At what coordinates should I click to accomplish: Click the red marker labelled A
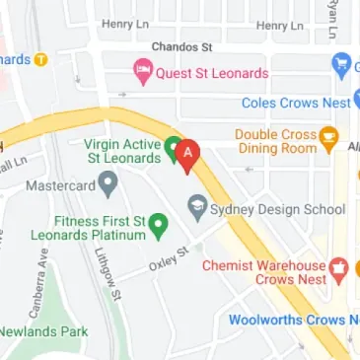click(x=188, y=153)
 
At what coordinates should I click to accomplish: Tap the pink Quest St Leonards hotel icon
click(x=143, y=72)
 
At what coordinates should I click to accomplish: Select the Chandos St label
click(x=181, y=46)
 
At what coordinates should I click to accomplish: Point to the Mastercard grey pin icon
click(x=107, y=182)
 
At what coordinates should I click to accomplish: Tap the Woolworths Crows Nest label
click(x=293, y=320)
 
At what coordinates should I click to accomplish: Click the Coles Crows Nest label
click(x=300, y=103)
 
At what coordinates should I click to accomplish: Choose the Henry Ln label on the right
click(x=282, y=25)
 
